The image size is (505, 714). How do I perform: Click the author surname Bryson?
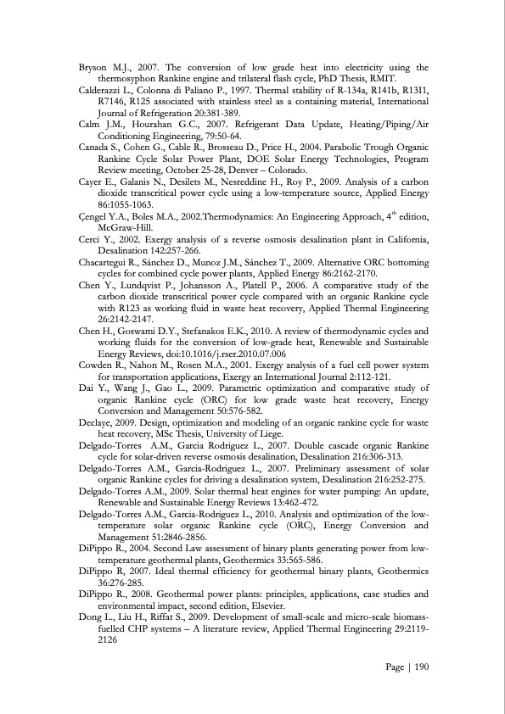coord(94,67)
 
